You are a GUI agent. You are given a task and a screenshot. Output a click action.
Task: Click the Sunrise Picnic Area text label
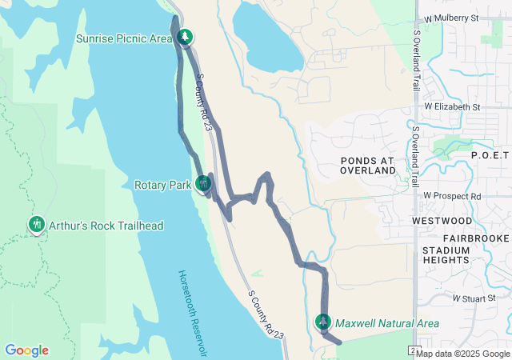[124, 38]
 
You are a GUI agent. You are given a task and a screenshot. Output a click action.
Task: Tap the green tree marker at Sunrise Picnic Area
[186, 38]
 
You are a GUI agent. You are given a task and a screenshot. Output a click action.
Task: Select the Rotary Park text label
[162, 185]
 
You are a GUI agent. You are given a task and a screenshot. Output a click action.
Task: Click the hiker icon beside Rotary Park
[204, 185]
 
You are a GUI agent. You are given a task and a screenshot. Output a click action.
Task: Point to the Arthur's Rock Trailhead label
[106, 226]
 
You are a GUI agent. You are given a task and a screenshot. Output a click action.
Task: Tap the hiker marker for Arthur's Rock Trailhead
[36, 226]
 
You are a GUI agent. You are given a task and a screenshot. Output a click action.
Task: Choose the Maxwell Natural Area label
[387, 323]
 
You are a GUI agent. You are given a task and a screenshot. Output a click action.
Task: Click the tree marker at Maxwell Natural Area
[323, 322]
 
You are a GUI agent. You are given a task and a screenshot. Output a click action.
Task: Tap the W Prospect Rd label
[452, 196]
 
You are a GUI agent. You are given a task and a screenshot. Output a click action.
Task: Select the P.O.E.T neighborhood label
[490, 154]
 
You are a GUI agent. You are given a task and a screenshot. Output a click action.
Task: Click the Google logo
[26, 350]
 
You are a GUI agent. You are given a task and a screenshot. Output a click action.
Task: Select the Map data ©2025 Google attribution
[462, 354]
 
